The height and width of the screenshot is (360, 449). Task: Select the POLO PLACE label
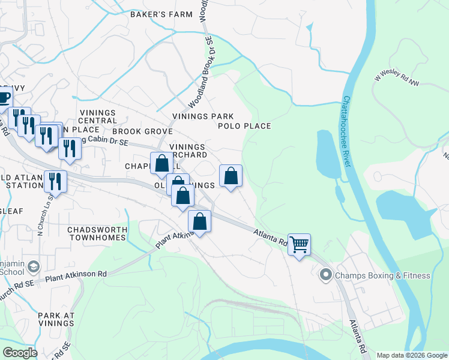point(244,126)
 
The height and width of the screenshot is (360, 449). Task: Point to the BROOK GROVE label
point(142,131)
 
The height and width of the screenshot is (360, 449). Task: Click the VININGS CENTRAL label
point(97,116)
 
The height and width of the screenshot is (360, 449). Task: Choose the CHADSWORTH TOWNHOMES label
point(97,233)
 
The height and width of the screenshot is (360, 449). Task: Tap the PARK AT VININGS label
point(56,319)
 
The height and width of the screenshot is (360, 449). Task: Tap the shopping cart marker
point(299,244)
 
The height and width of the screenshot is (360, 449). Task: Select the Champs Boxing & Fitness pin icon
point(326,275)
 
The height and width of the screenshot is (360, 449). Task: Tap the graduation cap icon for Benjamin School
point(34,266)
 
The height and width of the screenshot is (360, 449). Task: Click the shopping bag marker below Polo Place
point(231,176)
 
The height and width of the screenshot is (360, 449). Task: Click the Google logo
point(19,353)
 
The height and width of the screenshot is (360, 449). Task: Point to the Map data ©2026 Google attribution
point(412,355)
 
